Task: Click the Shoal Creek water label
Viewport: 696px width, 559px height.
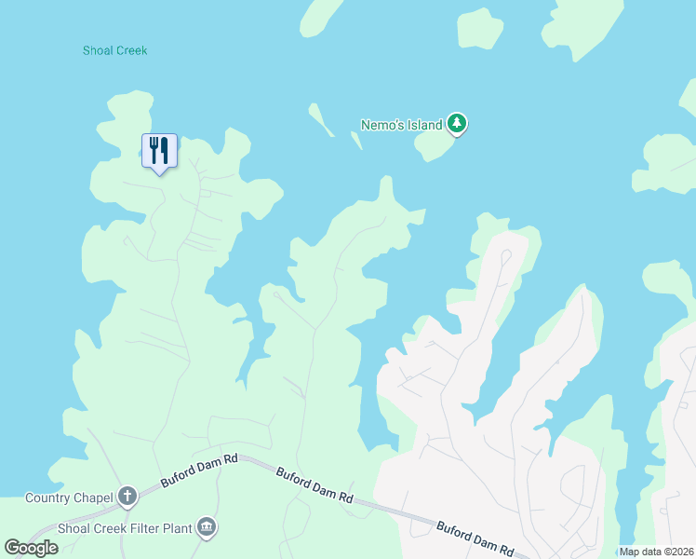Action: click(114, 50)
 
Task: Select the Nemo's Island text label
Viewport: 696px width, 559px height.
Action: click(401, 124)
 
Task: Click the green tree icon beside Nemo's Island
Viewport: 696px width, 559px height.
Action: click(456, 123)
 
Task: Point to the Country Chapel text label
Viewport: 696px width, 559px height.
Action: click(68, 497)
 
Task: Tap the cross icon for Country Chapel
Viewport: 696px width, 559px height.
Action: click(127, 496)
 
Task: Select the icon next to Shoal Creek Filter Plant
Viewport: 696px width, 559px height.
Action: click(207, 528)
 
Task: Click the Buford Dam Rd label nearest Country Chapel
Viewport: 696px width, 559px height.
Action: click(199, 470)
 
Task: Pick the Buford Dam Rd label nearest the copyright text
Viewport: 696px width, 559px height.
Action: click(475, 539)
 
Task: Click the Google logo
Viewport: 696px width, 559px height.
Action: click(31, 547)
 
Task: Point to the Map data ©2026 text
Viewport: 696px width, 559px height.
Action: click(656, 552)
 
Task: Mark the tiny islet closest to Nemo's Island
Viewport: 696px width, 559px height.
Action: click(355, 140)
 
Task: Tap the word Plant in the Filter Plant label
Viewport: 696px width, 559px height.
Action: click(178, 528)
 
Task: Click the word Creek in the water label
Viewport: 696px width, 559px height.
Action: click(131, 50)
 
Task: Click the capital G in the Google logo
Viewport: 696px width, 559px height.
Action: click(11, 547)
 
